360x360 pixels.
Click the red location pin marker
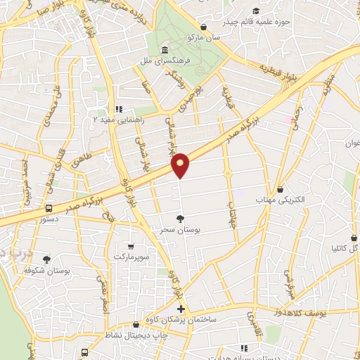(181, 165)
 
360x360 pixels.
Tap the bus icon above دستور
(49, 208)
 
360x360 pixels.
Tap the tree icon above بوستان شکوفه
(46, 259)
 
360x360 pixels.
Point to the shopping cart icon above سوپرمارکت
(131, 246)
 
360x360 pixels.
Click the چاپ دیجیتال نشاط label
(134, 335)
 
